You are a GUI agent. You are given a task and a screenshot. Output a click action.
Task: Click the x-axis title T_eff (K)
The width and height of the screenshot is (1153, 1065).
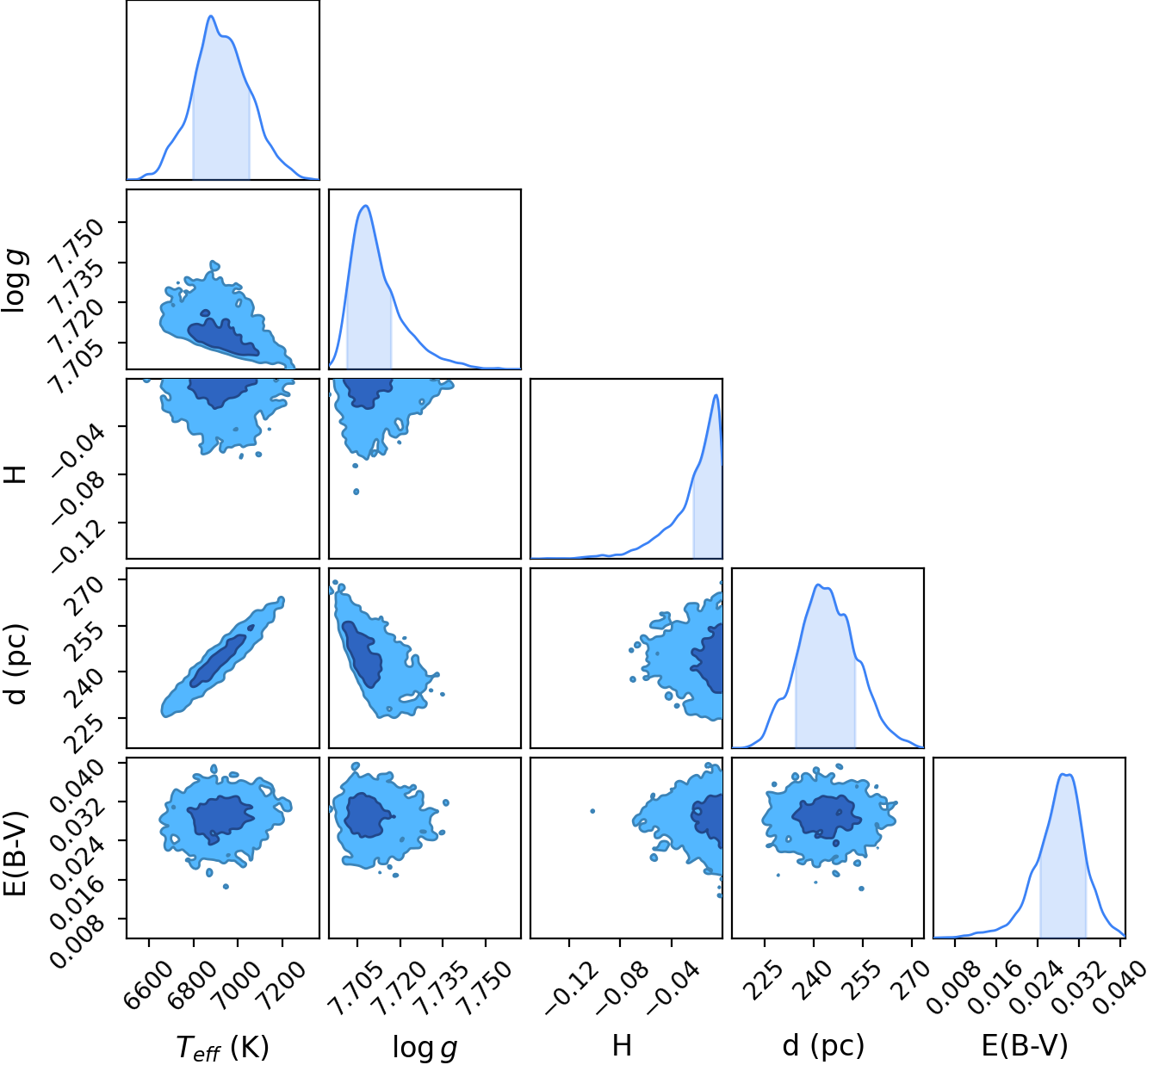tap(222, 1048)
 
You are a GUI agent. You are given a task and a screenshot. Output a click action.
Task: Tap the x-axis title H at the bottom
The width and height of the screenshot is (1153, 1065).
tap(622, 1045)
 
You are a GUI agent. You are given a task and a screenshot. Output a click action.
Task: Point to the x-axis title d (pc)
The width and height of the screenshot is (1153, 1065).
tap(823, 1046)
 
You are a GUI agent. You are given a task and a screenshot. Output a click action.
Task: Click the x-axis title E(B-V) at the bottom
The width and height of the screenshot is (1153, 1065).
tap(1025, 1046)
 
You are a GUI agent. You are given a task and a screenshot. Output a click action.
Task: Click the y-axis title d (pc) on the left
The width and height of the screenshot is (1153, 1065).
tap(15, 665)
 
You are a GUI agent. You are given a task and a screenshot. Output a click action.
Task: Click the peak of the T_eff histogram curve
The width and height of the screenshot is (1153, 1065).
tap(211, 16)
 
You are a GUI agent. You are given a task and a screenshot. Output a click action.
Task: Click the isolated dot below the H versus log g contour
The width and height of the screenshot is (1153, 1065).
tap(356, 492)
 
